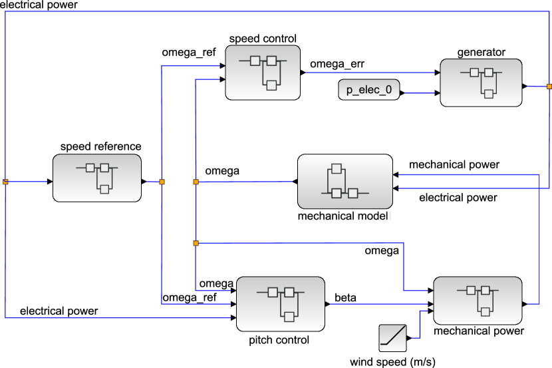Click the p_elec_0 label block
369,90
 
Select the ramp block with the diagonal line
392,338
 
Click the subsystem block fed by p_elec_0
481,83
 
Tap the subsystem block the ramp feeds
478,300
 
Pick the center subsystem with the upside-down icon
345,181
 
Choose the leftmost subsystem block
97,178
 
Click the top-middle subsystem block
263,73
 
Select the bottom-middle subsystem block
281,303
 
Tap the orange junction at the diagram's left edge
5,181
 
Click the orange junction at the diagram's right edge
549,87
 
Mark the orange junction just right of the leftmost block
162,182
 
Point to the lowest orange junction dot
196,243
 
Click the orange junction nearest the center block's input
196,182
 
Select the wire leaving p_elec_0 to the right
419,93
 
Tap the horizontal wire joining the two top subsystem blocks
369,72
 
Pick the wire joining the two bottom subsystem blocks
379,304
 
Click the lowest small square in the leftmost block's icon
104,189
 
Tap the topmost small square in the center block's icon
337,168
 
